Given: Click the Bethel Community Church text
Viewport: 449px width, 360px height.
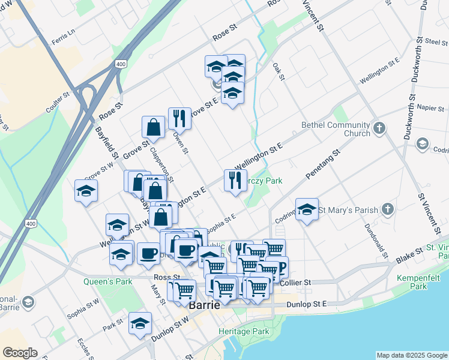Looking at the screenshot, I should click(x=336, y=129).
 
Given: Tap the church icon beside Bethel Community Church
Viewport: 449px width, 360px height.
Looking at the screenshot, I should click(x=379, y=128).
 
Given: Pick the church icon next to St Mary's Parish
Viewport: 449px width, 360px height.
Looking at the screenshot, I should click(x=388, y=209).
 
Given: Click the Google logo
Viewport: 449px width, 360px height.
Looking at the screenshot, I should click(x=20, y=353).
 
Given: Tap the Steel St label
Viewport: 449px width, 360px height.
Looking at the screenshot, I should click(x=436, y=42).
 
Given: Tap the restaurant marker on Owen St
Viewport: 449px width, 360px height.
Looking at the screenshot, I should click(x=179, y=119).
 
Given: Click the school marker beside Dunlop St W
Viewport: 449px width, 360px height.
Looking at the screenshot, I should click(x=140, y=325).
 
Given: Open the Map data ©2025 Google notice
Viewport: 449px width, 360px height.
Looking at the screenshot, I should click(x=412, y=355).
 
